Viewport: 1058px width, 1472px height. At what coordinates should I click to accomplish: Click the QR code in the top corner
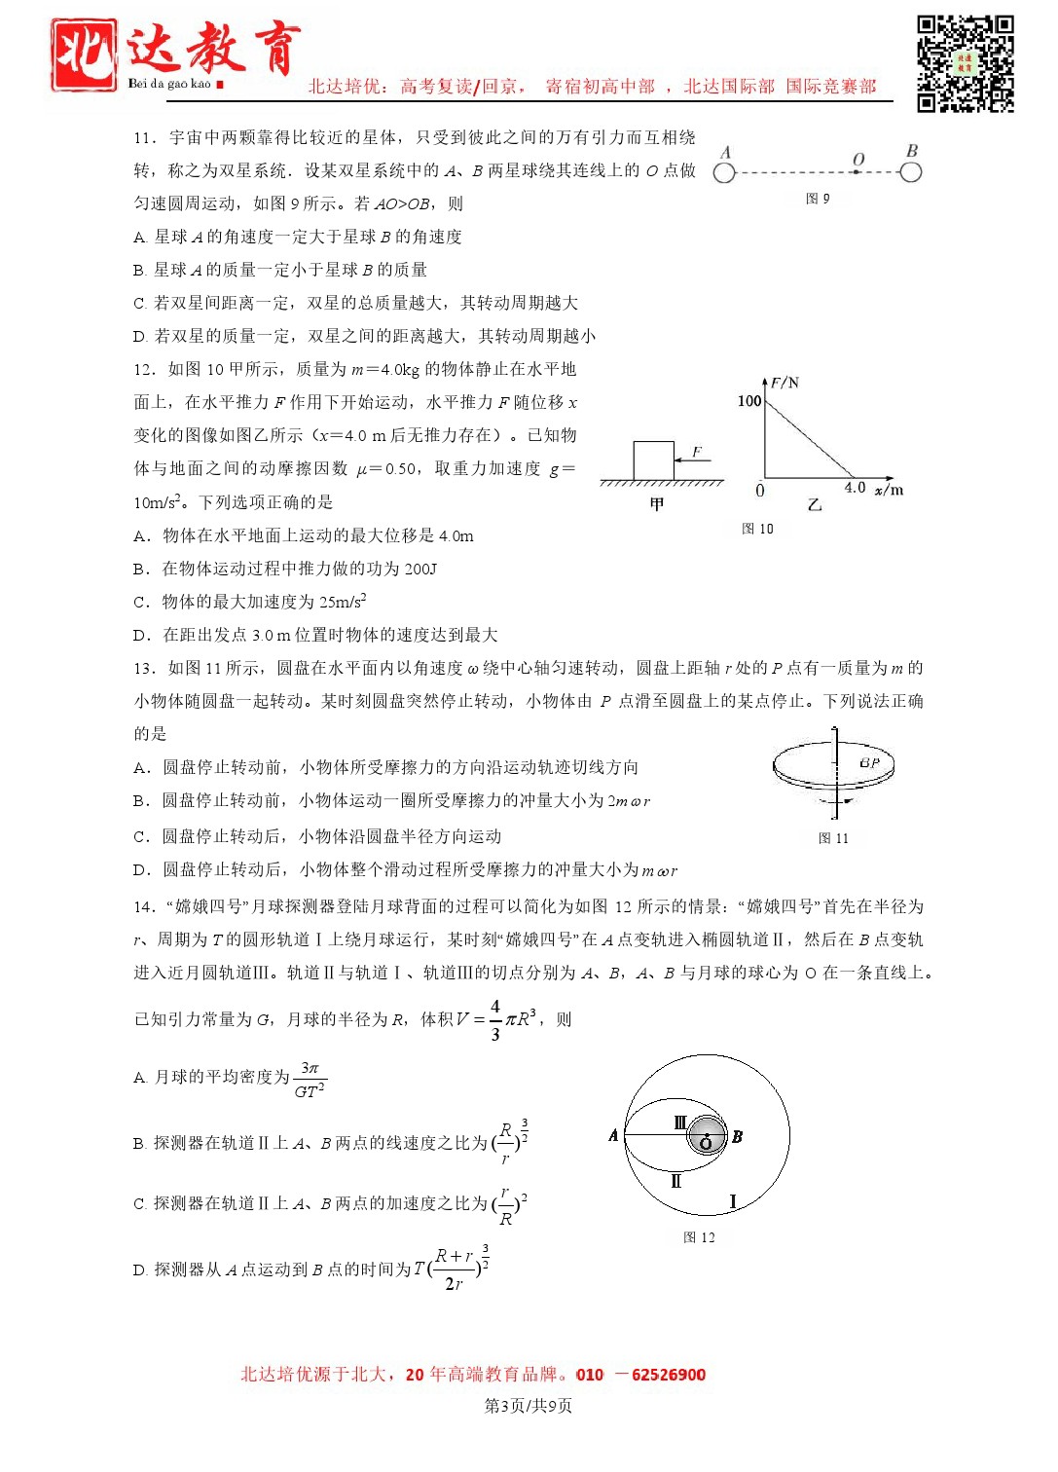(965, 63)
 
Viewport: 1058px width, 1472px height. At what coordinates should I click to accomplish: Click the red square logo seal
(84, 55)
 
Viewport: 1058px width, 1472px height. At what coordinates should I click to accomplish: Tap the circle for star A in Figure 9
(724, 173)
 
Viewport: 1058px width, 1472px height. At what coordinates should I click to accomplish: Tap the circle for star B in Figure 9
(910, 172)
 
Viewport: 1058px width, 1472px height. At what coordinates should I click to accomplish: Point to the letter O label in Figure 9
(857, 159)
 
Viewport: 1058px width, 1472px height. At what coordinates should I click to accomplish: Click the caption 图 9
(818, 199)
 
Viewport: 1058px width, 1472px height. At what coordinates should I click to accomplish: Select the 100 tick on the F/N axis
(748, 401)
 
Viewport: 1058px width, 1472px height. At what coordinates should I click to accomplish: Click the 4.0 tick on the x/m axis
(855, 487)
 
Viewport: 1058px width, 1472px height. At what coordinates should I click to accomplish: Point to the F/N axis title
(784, 383)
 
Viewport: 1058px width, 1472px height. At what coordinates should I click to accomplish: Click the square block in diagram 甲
(653, 460)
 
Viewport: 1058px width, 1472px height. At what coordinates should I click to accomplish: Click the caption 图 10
(757, 529)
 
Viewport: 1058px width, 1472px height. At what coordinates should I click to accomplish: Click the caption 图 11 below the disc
(833, 838)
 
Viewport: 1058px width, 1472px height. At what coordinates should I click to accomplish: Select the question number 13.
(144, 668)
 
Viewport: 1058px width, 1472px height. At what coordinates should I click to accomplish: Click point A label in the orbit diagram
(613, 1135)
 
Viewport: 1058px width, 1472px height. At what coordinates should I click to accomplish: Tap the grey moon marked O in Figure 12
(706, 1136)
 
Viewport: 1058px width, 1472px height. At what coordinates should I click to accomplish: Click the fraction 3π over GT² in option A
(310, 1080)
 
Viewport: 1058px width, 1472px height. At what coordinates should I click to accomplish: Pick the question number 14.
(144, 906)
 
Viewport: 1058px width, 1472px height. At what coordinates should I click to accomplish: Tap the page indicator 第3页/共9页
(529, 1406)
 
